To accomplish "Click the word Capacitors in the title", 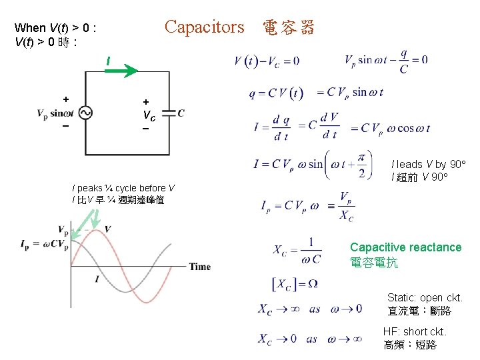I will [205, 27].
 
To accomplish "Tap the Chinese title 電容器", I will [288, 28].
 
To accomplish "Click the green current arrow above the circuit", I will [122, 69].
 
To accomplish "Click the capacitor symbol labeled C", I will [169, 113].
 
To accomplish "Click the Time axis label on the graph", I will [200, 267].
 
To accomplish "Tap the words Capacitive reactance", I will [405, 247].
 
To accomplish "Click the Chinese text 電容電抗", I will [374, 263].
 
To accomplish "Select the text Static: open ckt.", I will [425, 297].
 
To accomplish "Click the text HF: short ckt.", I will [414, 331].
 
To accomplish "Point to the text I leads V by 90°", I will [428, 164].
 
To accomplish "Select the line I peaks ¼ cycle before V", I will [123, 188].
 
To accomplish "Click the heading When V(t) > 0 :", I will [57, 28].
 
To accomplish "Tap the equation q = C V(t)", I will [276, 93].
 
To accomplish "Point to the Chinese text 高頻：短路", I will [410, 345].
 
